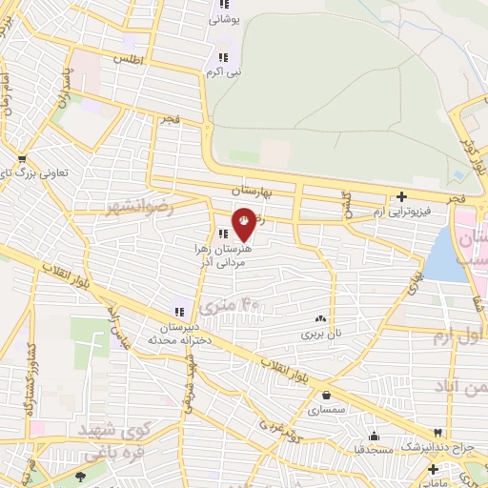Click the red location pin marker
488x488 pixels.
coord(245,220)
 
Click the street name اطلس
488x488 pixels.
coord(127,59)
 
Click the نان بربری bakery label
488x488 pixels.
coord(320,335)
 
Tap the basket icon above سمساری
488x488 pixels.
coord(327,395)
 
